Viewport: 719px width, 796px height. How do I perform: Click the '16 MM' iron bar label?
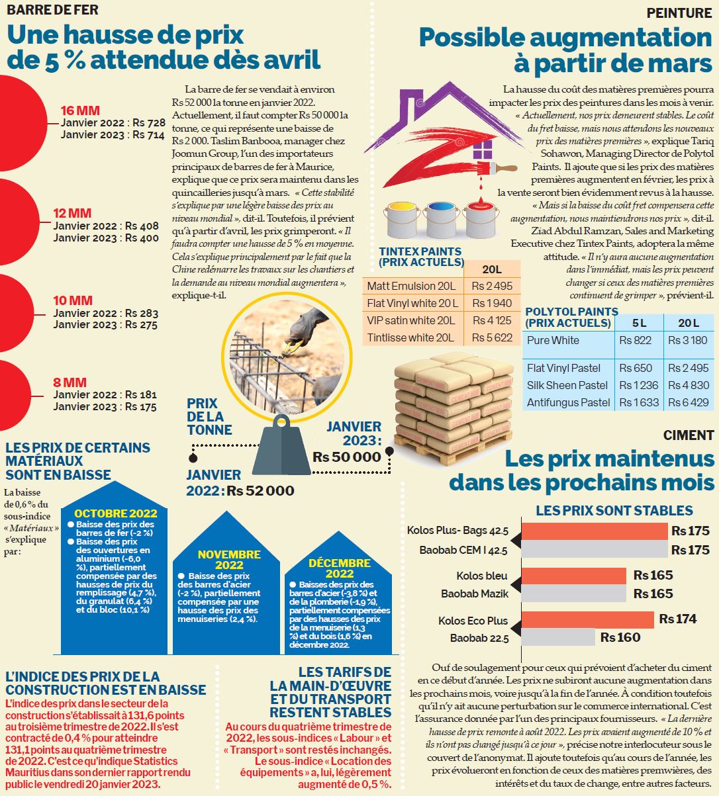(80, 111)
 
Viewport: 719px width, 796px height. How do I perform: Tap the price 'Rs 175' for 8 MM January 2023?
(141, 406)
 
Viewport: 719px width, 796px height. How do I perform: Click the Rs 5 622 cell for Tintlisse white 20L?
(492, 337)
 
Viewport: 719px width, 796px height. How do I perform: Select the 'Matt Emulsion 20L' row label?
(411, 286)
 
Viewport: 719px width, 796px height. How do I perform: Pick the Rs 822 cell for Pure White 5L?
(635, 340)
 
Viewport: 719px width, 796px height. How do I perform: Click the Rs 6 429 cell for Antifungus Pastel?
(688, 402)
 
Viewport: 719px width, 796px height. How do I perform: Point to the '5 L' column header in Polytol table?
(639, 323)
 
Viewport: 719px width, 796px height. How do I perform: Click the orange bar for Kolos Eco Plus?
(588, 619)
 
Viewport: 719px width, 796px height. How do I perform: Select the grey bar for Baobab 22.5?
(558, 637)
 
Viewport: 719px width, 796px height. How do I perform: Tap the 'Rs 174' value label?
(677, 619)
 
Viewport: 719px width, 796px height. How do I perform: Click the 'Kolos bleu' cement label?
(482, 576)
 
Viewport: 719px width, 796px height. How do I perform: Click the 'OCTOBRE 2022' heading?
(116, 513)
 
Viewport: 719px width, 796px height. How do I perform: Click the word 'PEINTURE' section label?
(679, 13)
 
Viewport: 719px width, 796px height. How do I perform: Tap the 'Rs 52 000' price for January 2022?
(260, 490)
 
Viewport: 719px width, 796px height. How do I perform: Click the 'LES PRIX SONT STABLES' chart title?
(614, 511)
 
